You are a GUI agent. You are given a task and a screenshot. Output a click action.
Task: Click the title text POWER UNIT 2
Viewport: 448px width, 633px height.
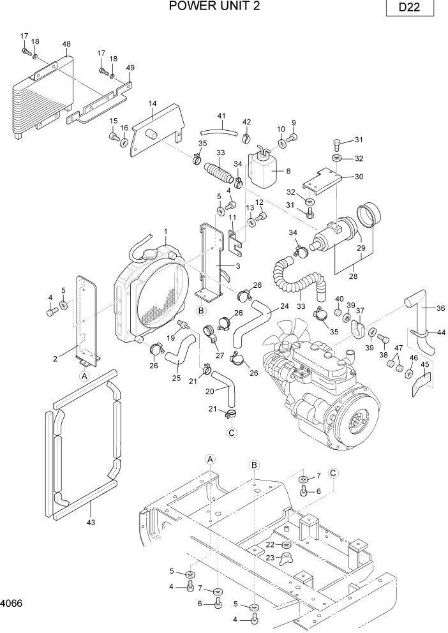click(214, 7)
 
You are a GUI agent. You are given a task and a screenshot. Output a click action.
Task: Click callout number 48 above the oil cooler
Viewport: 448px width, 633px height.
click(66, 44)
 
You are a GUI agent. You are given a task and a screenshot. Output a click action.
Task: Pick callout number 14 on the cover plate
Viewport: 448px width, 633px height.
click(153, 103)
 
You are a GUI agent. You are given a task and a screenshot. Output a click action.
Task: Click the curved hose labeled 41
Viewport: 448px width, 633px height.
click(220, 130)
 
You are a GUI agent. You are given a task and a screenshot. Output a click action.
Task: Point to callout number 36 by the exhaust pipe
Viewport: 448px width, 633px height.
click(440, 308)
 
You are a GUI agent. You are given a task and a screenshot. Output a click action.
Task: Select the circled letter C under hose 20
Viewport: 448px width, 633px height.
click(232, 432)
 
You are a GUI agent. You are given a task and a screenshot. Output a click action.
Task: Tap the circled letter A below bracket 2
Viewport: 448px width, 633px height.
click(83, 377)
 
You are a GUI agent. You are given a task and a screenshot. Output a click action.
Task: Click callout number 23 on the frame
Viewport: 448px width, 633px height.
click(269, 558)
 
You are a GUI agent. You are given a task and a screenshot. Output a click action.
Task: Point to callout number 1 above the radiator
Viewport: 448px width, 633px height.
click(165, 231)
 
